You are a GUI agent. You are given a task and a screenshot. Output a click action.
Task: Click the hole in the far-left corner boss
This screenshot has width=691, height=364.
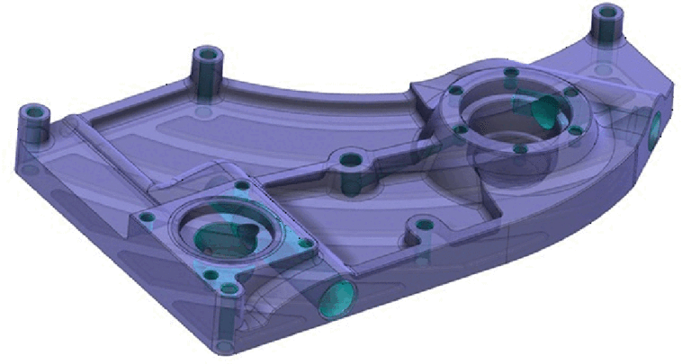tap(35, 113)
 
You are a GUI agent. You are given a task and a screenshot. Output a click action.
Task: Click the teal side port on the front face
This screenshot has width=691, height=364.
tap(336, 297)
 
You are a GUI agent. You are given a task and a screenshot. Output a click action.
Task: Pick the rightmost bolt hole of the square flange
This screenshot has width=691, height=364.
tap(306, 243)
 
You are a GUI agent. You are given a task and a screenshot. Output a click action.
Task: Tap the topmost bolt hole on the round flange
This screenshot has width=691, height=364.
tap(510, 72)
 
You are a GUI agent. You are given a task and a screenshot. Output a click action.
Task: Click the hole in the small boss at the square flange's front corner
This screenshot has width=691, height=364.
tap(229, 289)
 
